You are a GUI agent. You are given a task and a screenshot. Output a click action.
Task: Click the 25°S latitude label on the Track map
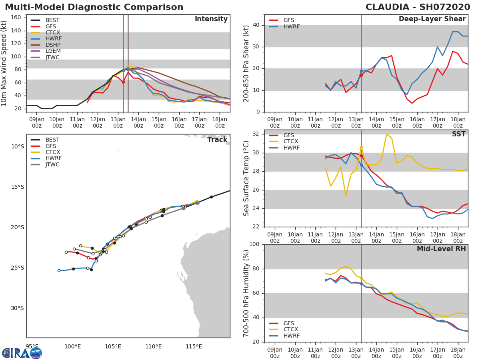17,268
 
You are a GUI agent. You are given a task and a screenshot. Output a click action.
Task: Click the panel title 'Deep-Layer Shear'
432,19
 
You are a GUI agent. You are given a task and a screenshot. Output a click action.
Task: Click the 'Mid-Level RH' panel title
441,249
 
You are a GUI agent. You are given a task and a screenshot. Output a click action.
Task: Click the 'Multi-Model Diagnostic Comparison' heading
94,7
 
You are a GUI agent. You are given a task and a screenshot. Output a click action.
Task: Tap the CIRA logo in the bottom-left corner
22,353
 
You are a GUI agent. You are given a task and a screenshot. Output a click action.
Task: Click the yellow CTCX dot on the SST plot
361,147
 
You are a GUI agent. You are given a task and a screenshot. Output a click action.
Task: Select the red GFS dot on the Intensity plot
123,82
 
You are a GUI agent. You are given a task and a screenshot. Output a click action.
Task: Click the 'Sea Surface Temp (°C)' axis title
247,178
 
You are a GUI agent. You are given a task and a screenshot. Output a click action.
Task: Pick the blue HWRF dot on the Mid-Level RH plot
361,284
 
